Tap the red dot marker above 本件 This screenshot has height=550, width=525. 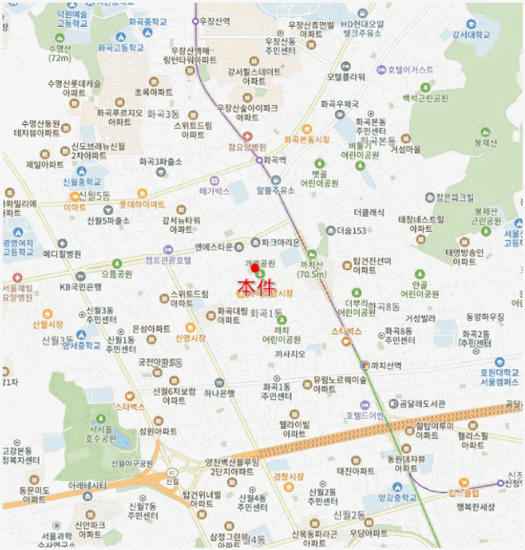255,268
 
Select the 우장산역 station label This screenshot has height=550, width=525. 215,21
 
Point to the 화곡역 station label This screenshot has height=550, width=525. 275,159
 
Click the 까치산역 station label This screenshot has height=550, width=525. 386,365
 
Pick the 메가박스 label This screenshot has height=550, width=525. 214,191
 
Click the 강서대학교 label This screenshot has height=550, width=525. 471,35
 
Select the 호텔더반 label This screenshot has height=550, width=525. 364,415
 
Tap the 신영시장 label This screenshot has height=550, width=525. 190,338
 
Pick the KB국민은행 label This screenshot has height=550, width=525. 82,287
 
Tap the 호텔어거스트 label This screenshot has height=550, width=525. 410,70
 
